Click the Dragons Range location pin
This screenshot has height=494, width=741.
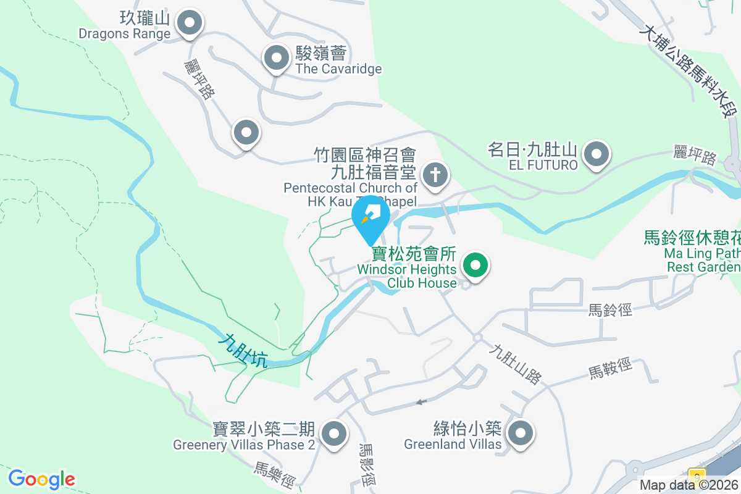coord(190,24)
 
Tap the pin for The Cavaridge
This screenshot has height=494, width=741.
coord(277,59)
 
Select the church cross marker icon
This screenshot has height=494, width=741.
coord(436,175)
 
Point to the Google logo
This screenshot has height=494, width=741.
coord(41,479)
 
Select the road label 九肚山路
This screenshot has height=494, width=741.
coord(514,364)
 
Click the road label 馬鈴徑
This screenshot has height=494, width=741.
coord(610,310)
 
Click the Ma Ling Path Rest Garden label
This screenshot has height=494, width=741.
coord(692,252)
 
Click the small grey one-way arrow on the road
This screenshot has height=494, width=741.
coord(421,402)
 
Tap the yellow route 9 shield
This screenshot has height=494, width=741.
coord(697,476)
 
